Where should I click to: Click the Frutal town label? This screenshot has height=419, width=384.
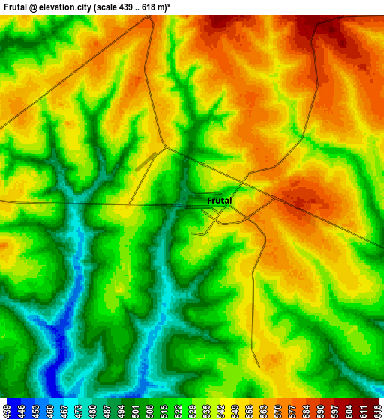tap(220, 201)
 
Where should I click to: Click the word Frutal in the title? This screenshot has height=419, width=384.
tap(18, 7)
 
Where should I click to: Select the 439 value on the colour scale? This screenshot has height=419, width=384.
tap(7, 409)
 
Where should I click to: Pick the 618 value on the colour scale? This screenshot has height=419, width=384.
tap(377, 409)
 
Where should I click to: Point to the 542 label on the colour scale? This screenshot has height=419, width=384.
tap(220, 409)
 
